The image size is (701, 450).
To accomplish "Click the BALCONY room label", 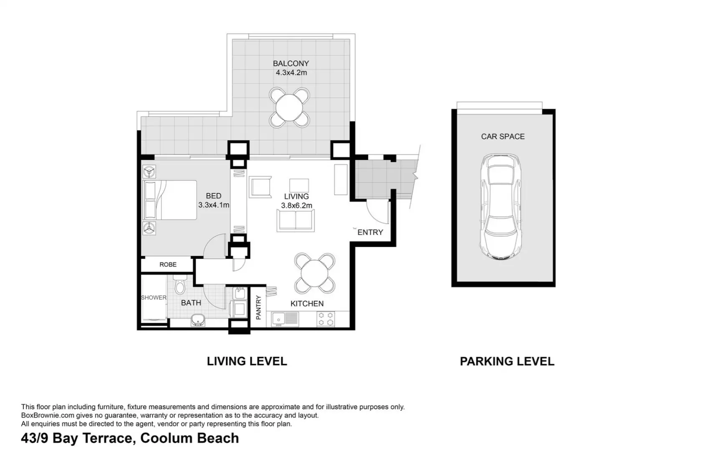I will click(291, 63).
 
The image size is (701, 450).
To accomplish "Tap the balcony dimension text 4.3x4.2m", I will click(291, 72).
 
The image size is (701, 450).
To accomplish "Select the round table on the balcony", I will click(289, 107).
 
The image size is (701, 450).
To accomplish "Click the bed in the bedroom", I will click(170, 200).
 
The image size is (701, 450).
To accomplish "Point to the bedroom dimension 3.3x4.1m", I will click(214, 205).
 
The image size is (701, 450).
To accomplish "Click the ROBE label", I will click(168, 265).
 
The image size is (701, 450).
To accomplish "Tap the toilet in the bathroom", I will click(180, 285).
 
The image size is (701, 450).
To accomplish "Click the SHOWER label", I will click(154, 297).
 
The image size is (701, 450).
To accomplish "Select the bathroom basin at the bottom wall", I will click(198, 320).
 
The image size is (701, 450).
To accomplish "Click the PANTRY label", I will click(258, 307).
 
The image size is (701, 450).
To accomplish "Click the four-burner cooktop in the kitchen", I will click(326, 319).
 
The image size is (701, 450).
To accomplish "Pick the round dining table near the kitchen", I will click(315, 273).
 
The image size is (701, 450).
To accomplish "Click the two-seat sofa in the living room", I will click(295, 220).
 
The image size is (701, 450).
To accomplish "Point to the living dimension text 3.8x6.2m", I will click(297, 205).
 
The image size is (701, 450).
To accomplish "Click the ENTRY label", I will click(370, 232).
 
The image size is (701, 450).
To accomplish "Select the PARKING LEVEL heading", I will click(507, 361).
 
